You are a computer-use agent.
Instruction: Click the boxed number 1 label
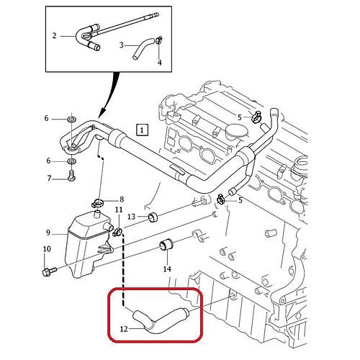[x=142, y=130]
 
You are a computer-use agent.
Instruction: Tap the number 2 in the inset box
[x=55, y=36]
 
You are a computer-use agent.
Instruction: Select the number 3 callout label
[x=122, y=45]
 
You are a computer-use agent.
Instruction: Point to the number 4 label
[x=160, y=63]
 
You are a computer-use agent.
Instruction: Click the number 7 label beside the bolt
[x=49, y=179]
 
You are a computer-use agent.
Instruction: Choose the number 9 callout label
[x=48, y=233]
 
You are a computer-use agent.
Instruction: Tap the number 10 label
[x=47, y=248]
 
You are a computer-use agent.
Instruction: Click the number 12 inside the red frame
[x=124, y=329]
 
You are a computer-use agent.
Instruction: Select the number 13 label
[x=132, y=217]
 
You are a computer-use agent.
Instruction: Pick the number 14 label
[x=167, y=269]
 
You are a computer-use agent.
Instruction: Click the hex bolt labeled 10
[x=49, y=271]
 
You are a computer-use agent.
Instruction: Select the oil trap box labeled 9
[x=88, y=245]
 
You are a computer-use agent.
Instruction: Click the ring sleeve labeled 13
[x=153, y=217]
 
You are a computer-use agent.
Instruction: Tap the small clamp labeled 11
[x=117, y=232]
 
